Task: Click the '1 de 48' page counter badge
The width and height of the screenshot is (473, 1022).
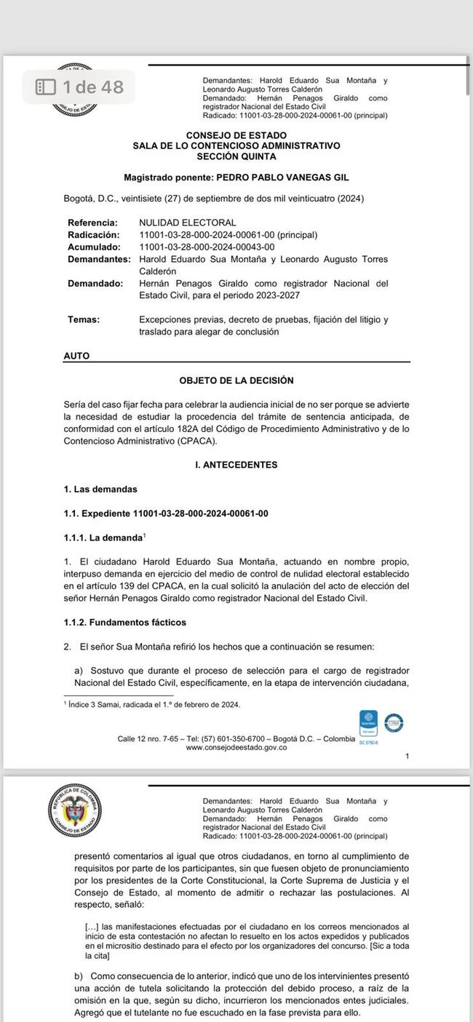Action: click(81, 87)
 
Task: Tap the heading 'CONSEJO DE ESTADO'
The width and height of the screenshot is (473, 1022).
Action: click(236, 135)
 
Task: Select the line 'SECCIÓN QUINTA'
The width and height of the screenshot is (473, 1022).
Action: click(236, 156)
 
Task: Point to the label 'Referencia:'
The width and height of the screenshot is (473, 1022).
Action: click(92, 223)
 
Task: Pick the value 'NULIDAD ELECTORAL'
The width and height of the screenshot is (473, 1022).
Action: click(188, 223)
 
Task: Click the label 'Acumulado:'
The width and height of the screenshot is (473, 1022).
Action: click(92, 247)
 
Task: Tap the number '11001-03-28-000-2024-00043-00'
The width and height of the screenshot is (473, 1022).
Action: click(207, 247)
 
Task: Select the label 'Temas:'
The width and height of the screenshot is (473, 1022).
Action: click(84, 319)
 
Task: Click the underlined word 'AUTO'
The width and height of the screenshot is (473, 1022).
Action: click(77, 356)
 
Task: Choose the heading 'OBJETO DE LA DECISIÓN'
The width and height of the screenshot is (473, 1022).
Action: click(236, 380)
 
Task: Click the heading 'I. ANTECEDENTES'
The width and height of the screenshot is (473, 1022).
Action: click(236, 465)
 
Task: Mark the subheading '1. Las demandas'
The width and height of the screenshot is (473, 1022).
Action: click(100, 489)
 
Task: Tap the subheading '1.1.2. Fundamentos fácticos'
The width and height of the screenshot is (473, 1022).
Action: click(125, 623)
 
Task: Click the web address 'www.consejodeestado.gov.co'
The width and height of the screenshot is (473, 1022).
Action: click(236, 747)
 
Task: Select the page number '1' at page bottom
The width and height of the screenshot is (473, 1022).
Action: click(408, 756)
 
